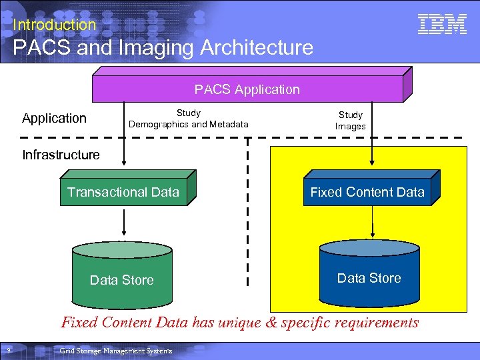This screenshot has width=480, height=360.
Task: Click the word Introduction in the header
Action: click(x=54, y=25)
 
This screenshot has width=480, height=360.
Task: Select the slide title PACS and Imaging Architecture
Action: click(x=163, y=47)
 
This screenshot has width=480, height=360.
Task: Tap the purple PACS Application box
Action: click(x=247, y=89)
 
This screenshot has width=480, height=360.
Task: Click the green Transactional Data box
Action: click(x=123, y=193)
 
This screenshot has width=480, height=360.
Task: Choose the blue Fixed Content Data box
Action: click(x=367, y=193)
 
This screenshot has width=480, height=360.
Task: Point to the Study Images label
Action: click(x=351, y=121)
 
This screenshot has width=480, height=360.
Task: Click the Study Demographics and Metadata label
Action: click(x=189, y=119)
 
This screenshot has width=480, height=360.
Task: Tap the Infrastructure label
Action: click(x=61, y=155)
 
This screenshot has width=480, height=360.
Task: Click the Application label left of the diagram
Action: click(x=54, y=119)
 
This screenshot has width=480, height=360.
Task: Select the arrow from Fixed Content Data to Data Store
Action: click(x=372, y=223)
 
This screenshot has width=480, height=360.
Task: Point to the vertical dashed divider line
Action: click(x=248, y=220)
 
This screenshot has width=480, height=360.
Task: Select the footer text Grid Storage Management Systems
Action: click(x=115, y=351)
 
